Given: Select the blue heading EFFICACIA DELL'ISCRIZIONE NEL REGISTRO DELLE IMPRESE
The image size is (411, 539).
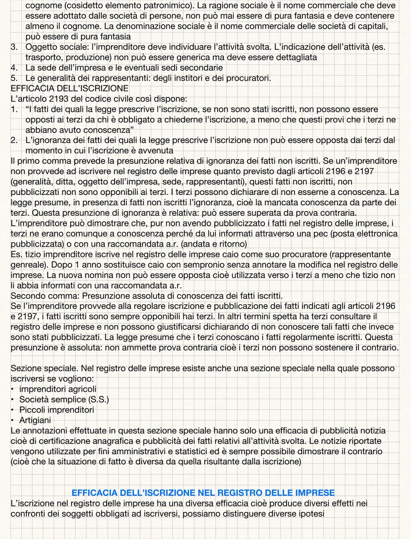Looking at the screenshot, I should pos(203,493).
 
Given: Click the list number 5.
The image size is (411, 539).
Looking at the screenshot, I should pos(14,78).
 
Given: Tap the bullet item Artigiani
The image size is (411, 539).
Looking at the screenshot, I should pos(35,420).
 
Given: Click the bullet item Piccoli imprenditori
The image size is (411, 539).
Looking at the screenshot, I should pos(56,410).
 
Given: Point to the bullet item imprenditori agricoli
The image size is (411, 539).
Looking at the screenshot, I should pos(57,389).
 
